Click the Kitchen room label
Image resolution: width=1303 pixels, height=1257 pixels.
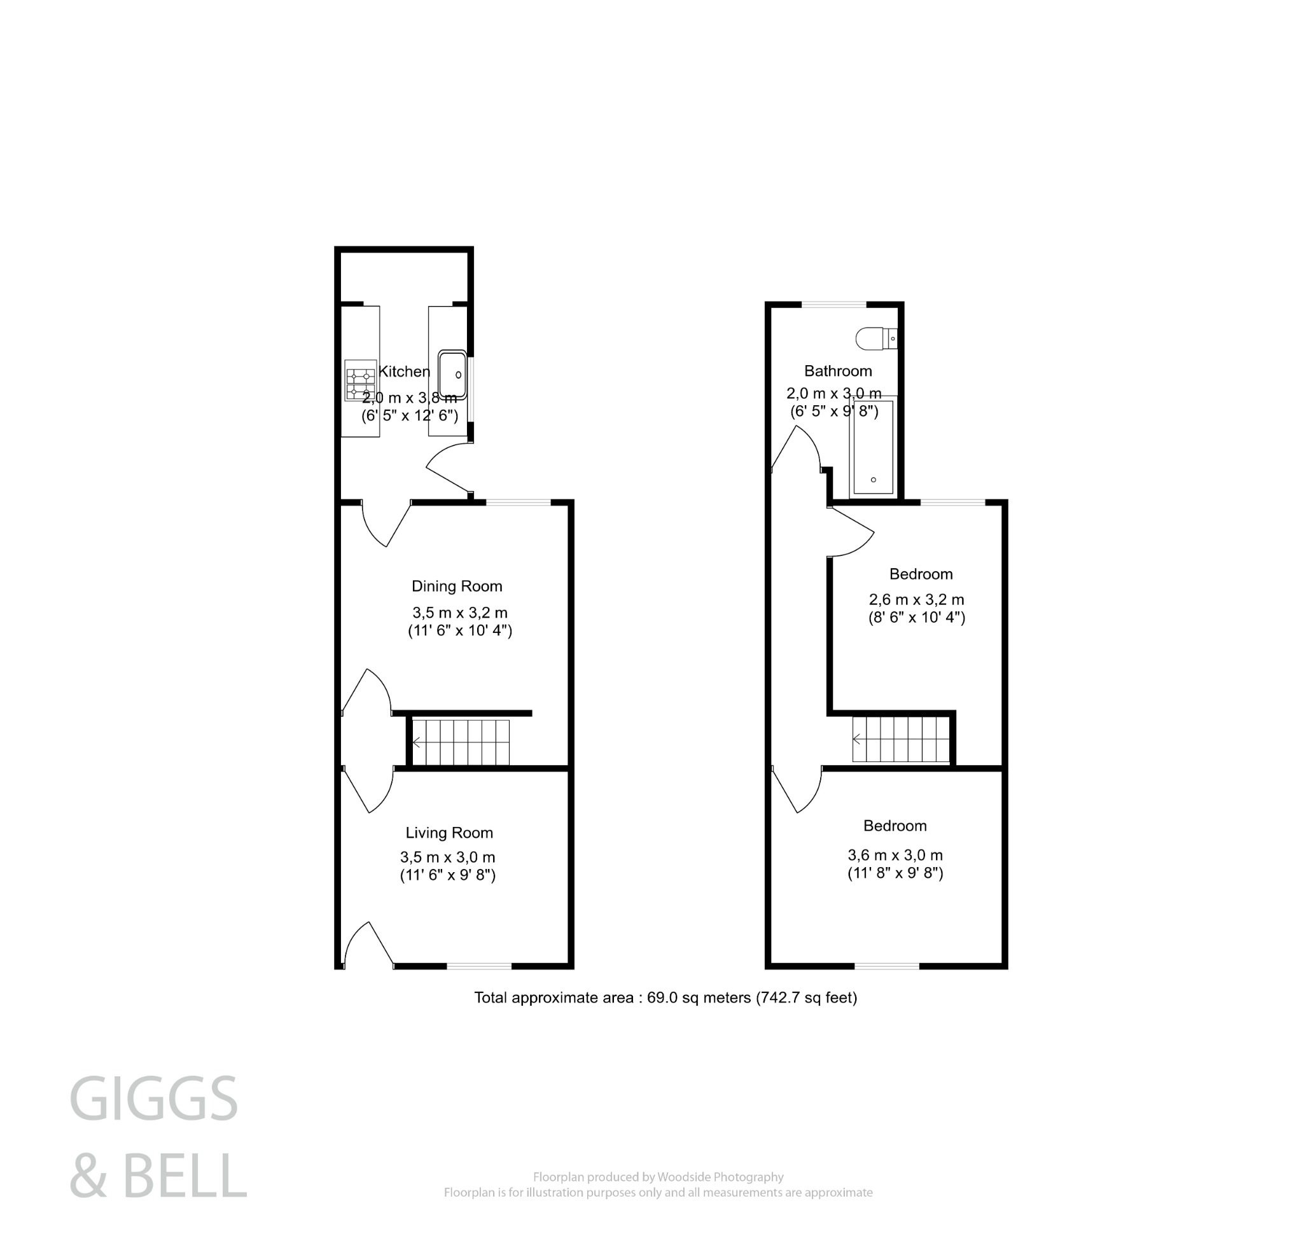click(404, 372)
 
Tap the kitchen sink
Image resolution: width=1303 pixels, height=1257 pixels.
click(452, 375)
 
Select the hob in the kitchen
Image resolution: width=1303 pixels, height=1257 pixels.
click(360, 381)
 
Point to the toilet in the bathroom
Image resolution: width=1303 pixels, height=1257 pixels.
click(875, 338)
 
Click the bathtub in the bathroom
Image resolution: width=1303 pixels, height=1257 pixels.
click(873, 447)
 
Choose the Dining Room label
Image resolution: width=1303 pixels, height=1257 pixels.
click(457, 587)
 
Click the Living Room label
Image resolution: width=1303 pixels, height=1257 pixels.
click(449, 833)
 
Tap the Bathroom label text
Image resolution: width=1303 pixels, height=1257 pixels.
click(838, 371)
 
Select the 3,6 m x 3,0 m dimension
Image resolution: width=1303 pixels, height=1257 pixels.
click(895, 856)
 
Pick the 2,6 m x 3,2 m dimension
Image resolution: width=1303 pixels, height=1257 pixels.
click(916, 600)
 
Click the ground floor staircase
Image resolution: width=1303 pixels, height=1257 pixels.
click(461, 742)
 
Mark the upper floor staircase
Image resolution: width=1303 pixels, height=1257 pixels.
click(901, 739)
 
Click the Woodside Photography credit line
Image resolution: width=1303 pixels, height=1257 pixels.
click(658, 1177)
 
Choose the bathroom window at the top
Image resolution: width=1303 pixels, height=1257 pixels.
click(834, 305)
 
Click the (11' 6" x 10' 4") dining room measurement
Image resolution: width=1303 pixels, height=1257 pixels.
click(460, 630)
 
